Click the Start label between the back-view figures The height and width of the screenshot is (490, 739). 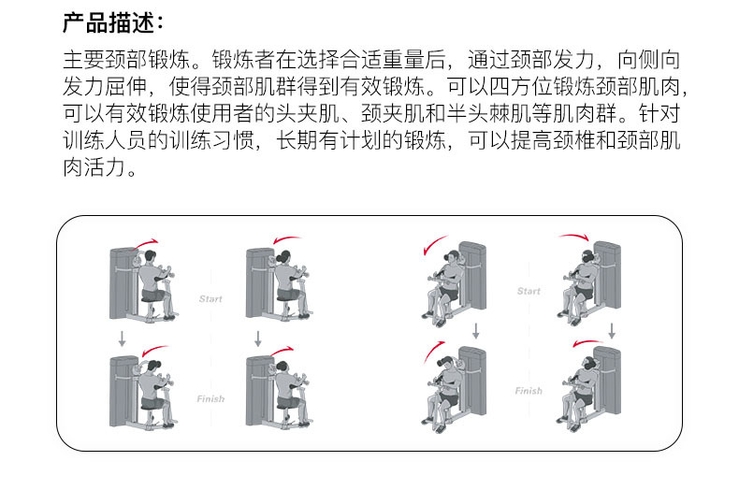[x=210, y=299]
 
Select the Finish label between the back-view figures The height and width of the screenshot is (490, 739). [x=210, y=399]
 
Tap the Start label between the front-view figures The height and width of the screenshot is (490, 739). [x=529, y=291]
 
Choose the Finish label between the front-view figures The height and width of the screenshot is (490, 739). [x=529, y=391]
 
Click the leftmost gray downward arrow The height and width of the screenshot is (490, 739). [x=122, y=337]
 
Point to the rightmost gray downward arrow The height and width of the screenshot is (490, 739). [x=611, y=330]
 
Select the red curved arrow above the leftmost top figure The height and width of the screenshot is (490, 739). [x=147, y=243]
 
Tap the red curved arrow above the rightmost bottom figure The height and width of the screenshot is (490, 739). [x=587, y=343]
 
